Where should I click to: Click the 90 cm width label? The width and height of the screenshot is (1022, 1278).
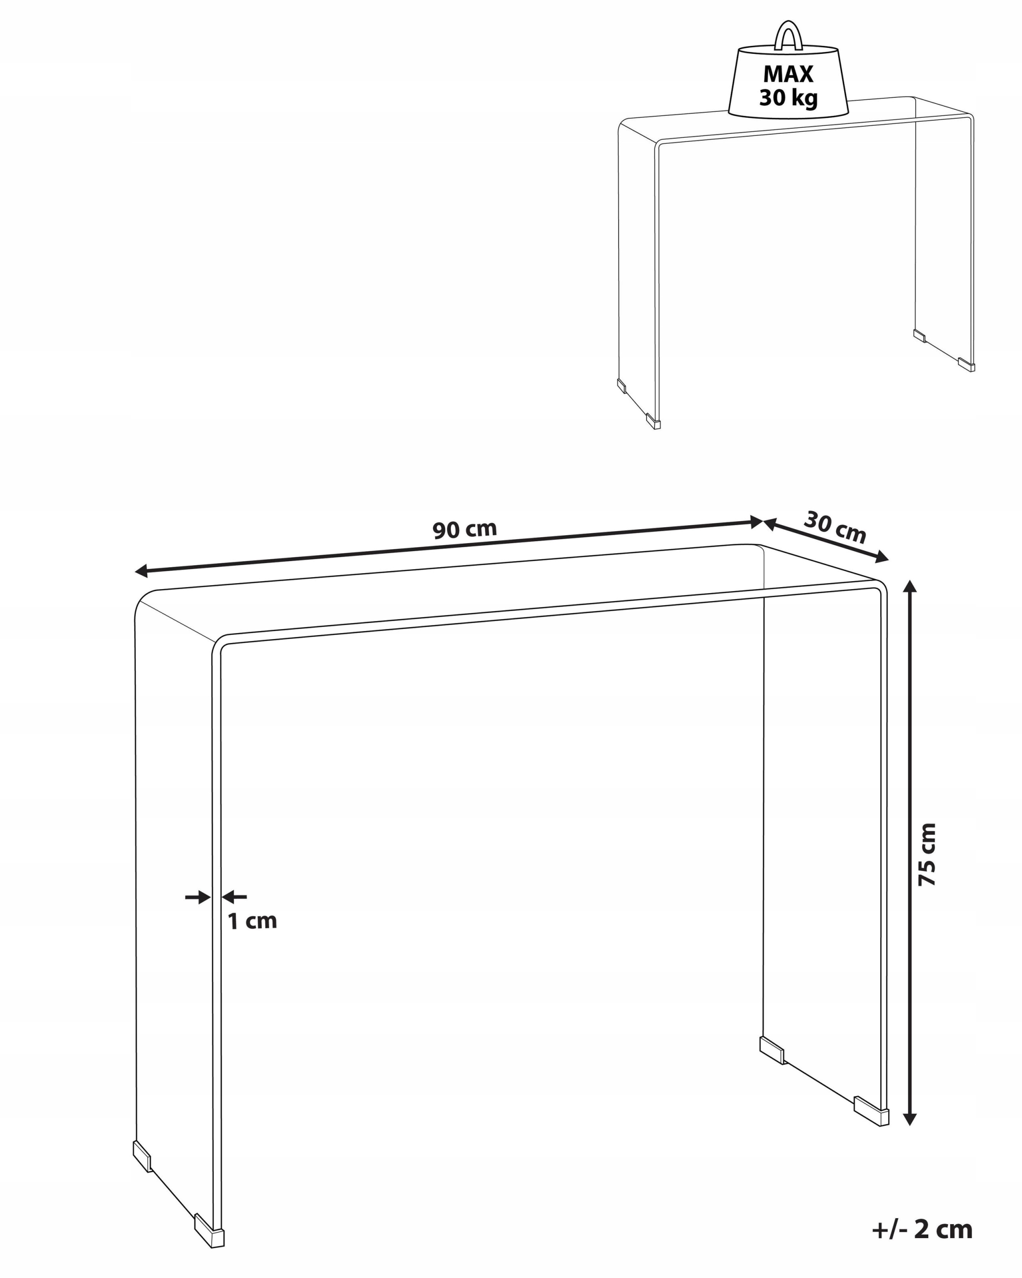click(x=464, y=529)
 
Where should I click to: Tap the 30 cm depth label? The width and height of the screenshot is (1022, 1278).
click(x=835, y=527)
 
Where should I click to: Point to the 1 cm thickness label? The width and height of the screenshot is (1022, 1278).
click(x=253, y=921)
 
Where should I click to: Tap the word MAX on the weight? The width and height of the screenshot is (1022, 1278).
click(x=788, y=74)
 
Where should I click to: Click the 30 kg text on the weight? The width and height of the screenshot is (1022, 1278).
click(x=788, y=97)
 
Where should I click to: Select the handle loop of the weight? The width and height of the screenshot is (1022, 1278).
click(x=788, y=35)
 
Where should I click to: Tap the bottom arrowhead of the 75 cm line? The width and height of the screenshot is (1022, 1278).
click(x=910, y=1118)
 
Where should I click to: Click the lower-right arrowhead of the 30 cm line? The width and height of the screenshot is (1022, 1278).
click(x=882, y=557)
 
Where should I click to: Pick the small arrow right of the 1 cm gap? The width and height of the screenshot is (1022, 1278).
click(x=234, y=897)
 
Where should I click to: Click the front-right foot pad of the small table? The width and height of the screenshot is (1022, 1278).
click(x=966, y=364)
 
